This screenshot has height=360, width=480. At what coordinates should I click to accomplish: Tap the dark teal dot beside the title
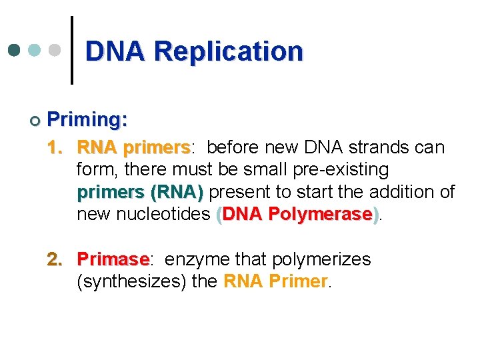[15, 51]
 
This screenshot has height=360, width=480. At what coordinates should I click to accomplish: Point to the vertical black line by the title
[72, 50]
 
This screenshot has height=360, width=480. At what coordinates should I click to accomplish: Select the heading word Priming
[87, 120]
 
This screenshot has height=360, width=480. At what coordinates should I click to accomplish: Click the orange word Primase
[112, 259]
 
